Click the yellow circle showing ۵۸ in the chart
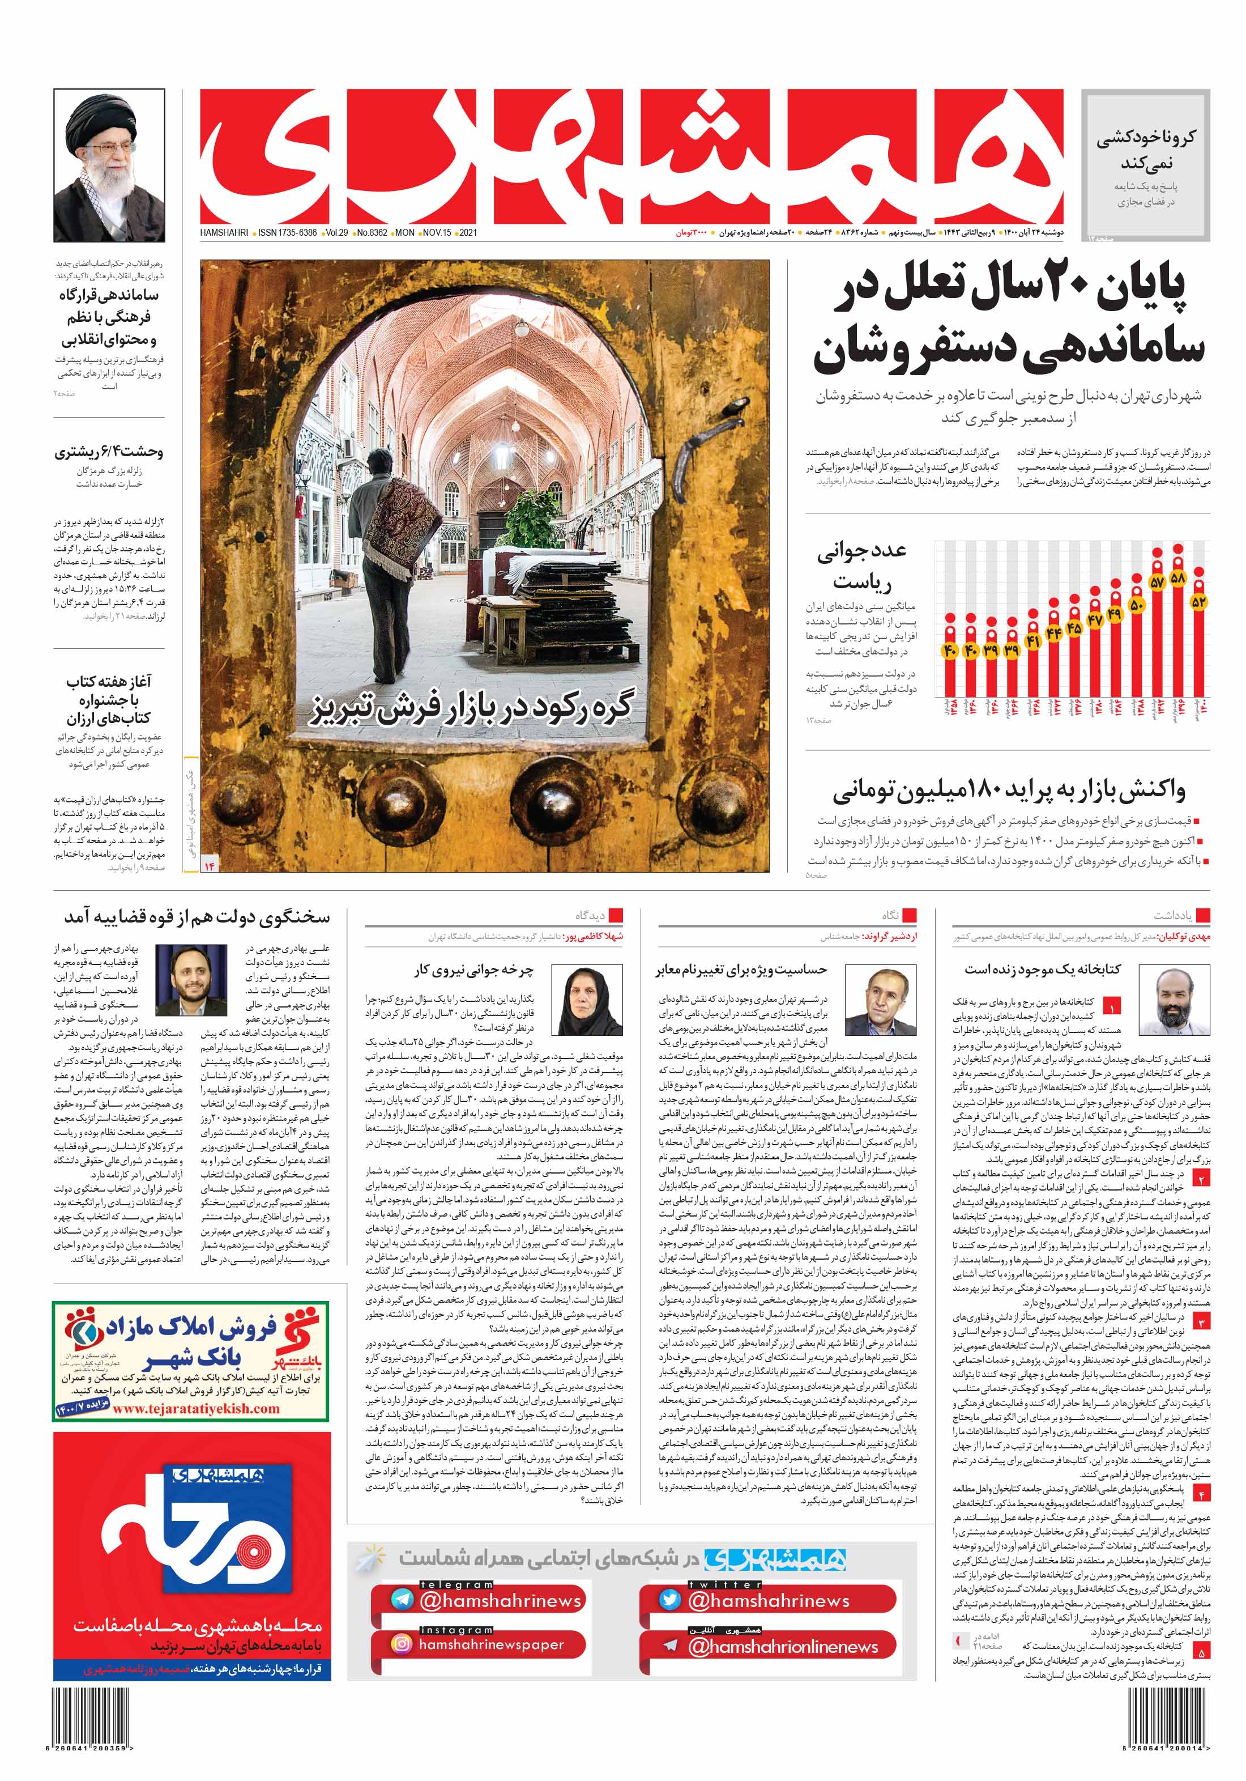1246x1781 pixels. point(1178,578)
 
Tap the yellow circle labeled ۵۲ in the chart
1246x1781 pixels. point(1198,601)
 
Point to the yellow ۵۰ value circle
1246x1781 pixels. point(1137,605)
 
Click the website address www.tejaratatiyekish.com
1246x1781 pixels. point(196,1408)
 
